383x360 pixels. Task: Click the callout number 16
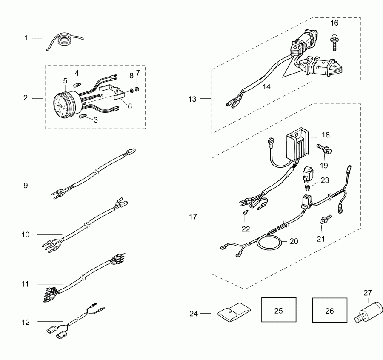point(334,23)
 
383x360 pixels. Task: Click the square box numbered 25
point(278,311)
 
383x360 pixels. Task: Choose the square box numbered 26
point(329,311)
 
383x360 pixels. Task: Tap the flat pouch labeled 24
point(234,313)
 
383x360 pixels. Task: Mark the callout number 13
point(192,99)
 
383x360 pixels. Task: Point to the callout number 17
point(193,217)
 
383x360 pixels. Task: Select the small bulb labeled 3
point(83,117)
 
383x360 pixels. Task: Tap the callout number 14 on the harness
point(266,86)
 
